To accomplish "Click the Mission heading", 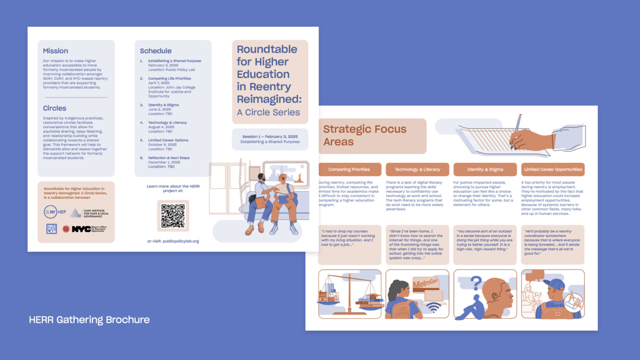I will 55,51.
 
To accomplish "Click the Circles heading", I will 55,108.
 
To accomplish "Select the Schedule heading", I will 155,51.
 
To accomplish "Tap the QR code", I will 173,216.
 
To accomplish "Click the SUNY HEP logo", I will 55,212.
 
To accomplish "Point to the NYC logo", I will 81,229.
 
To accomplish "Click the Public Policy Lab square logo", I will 51,229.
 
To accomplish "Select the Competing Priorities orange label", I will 349,170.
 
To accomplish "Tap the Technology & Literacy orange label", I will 417,170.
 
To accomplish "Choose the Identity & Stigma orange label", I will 485,170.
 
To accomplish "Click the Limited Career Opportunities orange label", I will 553,170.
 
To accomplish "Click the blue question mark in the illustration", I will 475,283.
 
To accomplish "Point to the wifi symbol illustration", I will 434,307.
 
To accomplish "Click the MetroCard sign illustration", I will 425,283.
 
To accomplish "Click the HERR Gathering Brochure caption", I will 89,320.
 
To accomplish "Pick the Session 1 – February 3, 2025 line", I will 270,137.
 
